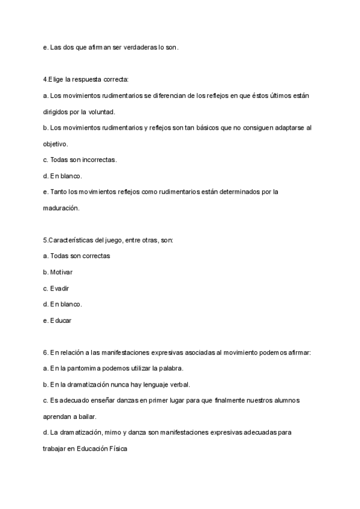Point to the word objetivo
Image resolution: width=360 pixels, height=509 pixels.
pyautogui.click(x=55, y=144)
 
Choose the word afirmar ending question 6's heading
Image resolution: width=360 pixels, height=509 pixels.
pyautogui.click(x=299, y=352)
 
